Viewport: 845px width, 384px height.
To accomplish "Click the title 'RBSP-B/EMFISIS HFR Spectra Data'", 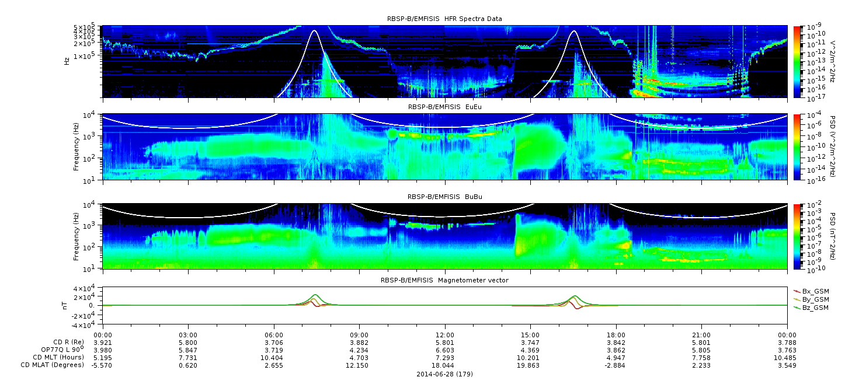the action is (444, 19).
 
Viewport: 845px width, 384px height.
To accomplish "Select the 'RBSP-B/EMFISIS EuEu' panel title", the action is (445, 107).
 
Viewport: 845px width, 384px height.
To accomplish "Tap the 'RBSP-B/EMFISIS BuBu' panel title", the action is (445, 197).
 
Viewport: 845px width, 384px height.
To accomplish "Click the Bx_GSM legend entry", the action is (812, 291).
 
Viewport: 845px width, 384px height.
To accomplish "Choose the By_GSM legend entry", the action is (812, 299).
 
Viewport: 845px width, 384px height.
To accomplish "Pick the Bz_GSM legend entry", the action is (812, 308).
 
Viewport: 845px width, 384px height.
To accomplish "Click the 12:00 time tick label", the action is (445, 335).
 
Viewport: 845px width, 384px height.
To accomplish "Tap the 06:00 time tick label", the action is (274, 335).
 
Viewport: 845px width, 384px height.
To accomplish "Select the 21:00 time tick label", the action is (701, 335).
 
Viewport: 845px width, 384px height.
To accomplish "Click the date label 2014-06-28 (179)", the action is (445, 374).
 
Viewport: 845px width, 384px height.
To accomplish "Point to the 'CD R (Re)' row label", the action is (68, 342).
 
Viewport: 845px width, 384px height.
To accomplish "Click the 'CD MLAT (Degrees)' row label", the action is (53, 365).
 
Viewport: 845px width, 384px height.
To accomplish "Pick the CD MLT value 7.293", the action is (445, 358).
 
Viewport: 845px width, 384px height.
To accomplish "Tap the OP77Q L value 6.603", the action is (445, 351).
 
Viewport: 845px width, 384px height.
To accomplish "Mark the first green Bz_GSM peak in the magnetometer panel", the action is (315, 295).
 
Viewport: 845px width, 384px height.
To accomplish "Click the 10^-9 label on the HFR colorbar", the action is (813, 26).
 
